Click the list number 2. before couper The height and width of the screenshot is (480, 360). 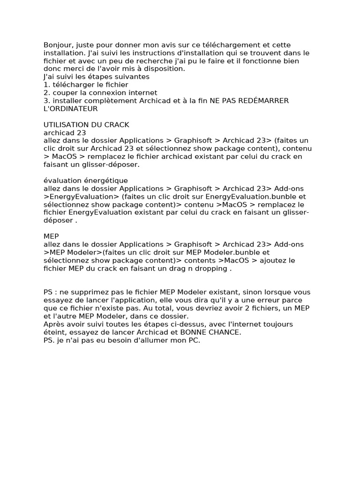(x=46, y=93)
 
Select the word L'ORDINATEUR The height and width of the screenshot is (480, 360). (x=71, y=109)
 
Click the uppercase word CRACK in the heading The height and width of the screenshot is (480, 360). (x=116, y=125)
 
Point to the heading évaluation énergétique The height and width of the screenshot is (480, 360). (x=85, y=180)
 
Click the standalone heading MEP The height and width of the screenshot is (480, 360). (x=51, y=236)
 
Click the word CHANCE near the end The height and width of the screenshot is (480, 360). (x=224, y=332)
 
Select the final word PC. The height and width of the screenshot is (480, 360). (x=194, y=340)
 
